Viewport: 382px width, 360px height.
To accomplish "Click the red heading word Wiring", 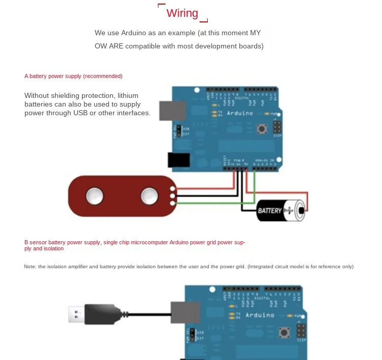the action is coord(182,13).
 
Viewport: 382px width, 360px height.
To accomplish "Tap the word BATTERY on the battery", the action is coord(269,211).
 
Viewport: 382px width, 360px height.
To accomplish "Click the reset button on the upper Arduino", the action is coord(262,128).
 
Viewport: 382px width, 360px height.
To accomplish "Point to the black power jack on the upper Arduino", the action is coord(178,160).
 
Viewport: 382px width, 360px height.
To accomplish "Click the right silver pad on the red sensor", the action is coord(149,194).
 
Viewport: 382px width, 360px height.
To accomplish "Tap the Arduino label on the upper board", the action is coord(238,113).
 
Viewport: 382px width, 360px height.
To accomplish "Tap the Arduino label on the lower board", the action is coord(259,315).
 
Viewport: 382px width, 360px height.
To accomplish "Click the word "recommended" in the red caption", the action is coord(102,76).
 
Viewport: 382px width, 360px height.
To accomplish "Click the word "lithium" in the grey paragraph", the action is coord(127,95).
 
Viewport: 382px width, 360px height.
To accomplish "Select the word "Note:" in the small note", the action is coord(30,267).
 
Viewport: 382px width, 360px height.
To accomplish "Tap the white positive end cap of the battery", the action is coord(301,210).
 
